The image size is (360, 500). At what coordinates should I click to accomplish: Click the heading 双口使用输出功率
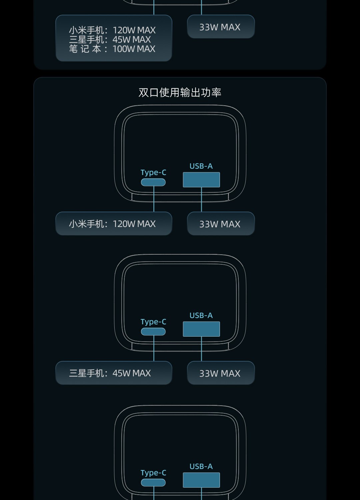(180, 92)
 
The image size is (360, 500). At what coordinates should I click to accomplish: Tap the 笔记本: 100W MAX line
(112, 49)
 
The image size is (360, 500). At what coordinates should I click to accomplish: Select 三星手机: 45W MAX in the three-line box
(110, 40)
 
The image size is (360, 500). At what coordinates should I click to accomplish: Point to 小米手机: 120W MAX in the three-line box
(112, 30)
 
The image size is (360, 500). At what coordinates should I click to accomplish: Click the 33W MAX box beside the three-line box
(220, 27)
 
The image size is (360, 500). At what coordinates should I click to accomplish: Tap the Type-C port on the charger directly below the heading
(153, 182)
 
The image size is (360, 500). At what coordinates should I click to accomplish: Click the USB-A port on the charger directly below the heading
(201, 180)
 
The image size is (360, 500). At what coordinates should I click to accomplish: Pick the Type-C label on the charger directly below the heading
(153, 172)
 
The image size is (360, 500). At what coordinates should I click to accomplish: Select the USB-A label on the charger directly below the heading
(201, 166)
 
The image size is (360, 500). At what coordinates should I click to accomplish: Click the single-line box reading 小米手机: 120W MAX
(113, 224)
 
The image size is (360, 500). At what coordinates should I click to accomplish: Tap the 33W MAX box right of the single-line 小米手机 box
(220, 224)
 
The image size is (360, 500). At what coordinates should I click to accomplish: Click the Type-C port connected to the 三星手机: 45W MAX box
(153, 332)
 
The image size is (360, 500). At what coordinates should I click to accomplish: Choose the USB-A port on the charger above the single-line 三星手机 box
(201, 329)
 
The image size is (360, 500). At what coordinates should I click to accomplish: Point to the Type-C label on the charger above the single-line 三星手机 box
(153, 322)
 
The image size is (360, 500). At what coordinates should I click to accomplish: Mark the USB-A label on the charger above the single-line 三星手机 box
(201, 315)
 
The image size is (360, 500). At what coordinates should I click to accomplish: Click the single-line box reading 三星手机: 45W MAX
(113, 373)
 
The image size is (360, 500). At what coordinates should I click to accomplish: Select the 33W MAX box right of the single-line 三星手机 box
(220, 373)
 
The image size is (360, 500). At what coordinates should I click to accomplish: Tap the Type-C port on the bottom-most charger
(153, 483)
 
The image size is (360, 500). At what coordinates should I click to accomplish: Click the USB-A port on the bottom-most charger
(201, 480)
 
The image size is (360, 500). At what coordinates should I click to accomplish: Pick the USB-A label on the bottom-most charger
(201, 466)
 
